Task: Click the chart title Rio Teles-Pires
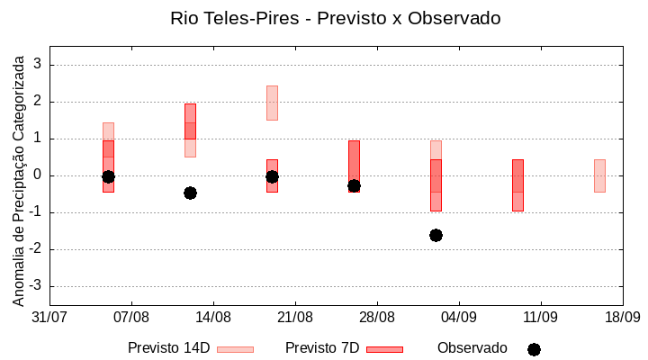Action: (335, 18)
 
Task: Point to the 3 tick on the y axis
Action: (38, 65)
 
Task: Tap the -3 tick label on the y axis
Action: (35, 286)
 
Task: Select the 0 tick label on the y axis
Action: (38, 175)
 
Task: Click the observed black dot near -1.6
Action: (436, 235)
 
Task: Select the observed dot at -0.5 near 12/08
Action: (190, 193)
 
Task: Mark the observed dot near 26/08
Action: (354, 185)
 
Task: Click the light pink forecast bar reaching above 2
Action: (272, 103)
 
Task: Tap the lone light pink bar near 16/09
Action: (599, 175)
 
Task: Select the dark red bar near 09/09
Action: (517, 184)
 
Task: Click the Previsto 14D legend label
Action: (168, 348)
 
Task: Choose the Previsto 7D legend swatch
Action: (384, 349)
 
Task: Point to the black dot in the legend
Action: (534, 349)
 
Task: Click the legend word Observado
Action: (472, 348)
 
